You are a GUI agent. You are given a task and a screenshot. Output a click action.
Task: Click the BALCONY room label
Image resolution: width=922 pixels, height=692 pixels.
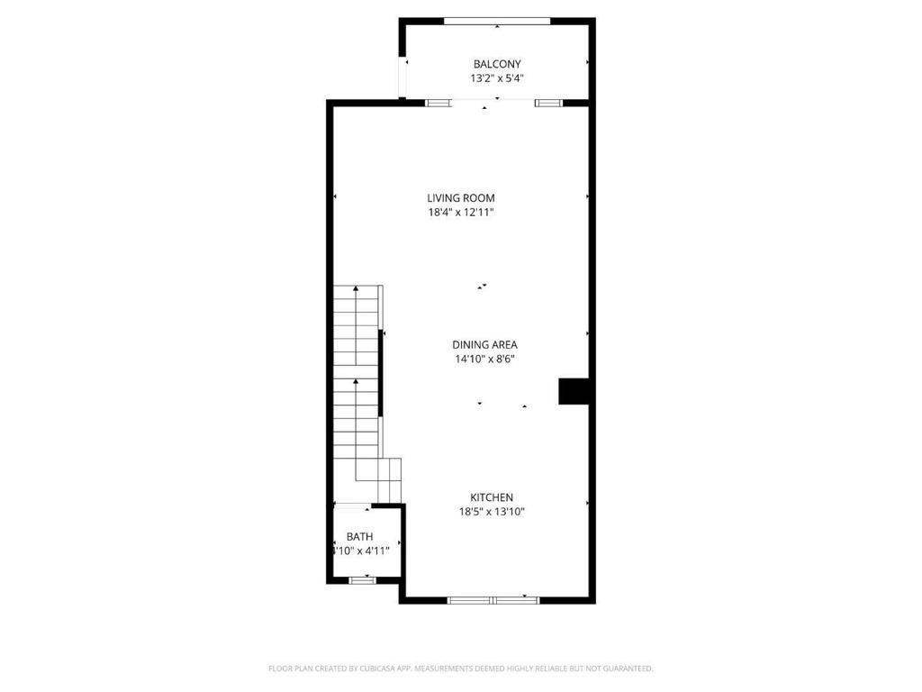click(x=497, y=64)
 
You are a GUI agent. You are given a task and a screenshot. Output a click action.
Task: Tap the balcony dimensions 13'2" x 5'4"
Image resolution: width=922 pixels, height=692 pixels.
click(x=497, y=78)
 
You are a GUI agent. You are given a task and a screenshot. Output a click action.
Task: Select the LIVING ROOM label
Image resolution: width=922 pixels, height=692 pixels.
click(x=460, y=198)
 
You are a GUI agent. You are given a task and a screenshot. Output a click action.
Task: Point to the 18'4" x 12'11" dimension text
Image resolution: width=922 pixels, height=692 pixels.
click(x=460, y=213)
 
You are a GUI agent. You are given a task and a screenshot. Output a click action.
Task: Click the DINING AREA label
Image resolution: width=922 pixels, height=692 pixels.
click(x=484, y=344)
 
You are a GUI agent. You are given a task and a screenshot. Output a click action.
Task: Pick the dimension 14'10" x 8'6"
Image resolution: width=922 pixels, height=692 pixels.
click(x=484, y=359)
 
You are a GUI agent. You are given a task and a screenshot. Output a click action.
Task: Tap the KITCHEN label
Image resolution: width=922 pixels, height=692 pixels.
click(x=492, y=497)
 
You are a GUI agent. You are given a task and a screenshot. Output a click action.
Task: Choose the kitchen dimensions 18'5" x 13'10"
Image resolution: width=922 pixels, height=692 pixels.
click(x=492, y=512)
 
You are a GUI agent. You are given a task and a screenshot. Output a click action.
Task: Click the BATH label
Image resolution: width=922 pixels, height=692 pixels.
click(x=359, y=537)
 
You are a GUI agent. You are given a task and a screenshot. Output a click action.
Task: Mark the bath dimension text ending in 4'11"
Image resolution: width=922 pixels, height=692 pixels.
click(x=361, y=551)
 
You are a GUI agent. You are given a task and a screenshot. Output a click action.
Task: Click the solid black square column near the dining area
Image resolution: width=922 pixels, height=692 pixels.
click(x=573, y=391)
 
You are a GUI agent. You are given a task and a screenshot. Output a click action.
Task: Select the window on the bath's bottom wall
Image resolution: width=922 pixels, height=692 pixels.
click(x=362, y=580)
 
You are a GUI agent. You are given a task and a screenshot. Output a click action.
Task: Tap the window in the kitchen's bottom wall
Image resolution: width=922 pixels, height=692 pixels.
click(x=493, y=599)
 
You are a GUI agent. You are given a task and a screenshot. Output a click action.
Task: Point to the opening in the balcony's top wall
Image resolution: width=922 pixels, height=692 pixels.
click(x=497, y=21)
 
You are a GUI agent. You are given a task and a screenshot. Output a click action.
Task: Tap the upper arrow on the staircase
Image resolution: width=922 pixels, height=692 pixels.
click(x=356, y=289)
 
